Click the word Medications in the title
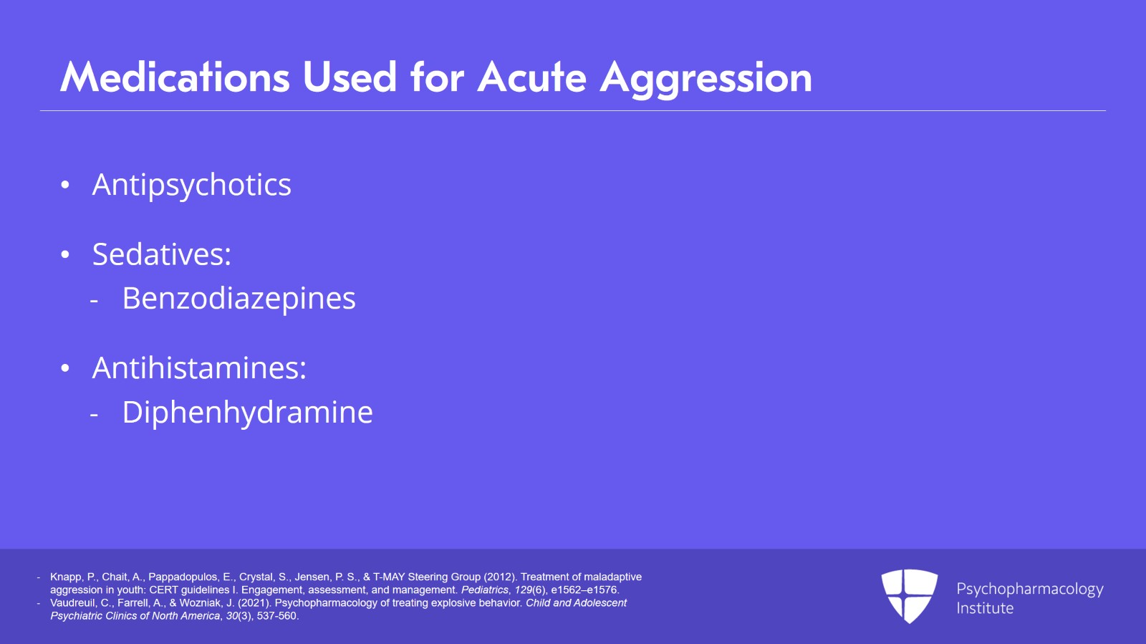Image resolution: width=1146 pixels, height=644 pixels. click(x=175, y=77)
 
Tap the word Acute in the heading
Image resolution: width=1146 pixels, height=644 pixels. click(x=532, y=77)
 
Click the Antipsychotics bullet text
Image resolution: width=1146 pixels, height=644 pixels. click(x=191, y=185)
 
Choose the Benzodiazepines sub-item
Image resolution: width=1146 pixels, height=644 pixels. click(x=239, y=298)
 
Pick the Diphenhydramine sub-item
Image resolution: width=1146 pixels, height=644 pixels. click(x=247, y=412)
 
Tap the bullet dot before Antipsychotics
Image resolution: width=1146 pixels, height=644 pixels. click(x=65, y=186)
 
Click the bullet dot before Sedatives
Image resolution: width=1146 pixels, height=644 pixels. click(x=65, y=255)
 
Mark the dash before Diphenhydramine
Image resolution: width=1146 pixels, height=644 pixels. click(x=94, y=414)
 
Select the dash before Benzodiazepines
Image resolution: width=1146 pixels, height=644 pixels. click(x=94, y=300)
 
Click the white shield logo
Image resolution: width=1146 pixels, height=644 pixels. click(x=909, y=595)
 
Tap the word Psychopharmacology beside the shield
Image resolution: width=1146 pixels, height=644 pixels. click(x=1029, y=589)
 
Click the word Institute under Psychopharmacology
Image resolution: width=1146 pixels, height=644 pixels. click(x=985, y=608)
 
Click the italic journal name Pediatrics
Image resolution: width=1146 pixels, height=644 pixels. click(x=485, y=590)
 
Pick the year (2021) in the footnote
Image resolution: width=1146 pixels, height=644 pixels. click(x=254, y=603)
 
